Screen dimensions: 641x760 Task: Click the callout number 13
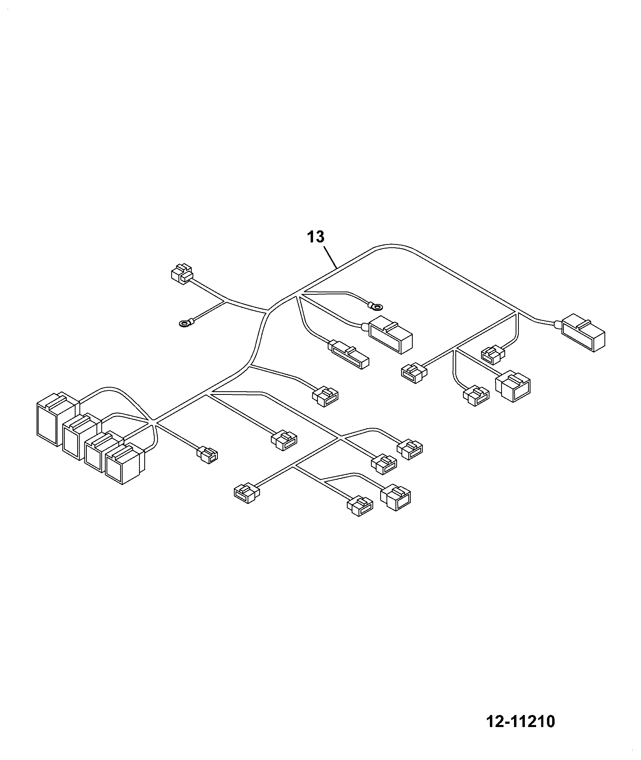point(316,237)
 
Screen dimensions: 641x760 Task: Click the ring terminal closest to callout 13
point(375,307)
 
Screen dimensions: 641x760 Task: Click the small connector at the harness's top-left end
point(182,273)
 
